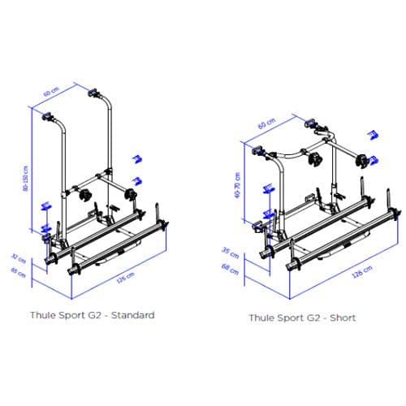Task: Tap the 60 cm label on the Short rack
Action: (263, 125)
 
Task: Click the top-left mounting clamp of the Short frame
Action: (259, 151)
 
